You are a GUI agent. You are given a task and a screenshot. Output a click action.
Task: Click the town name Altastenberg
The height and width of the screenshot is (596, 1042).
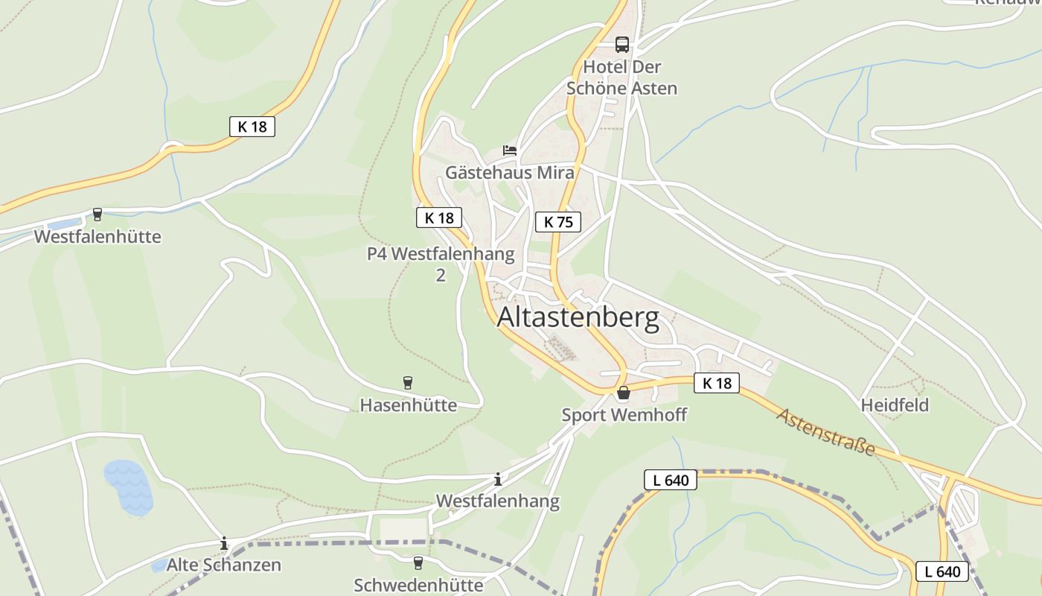click(x=578, y=318)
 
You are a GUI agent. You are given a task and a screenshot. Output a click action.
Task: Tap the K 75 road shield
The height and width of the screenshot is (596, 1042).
click(x=557, y=221)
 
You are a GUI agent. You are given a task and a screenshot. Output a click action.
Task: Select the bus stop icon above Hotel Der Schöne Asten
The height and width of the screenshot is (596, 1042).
click(x=622, y=45)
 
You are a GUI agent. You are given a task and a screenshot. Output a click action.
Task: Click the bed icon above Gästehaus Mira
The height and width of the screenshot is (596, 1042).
click(x=510, y=150)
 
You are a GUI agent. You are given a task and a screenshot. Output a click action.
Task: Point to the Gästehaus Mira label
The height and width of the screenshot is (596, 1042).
click(x=510, y=173)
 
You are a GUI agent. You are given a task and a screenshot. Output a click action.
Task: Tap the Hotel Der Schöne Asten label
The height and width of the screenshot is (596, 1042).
click(x=622, y=77)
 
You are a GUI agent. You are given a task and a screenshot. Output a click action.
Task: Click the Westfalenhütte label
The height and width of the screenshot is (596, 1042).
click(x=98, y=237)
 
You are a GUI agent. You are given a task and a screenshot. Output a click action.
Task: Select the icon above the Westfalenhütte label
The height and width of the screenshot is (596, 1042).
click(x=98, y=215)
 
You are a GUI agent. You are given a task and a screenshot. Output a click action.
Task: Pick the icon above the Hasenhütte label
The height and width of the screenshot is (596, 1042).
click(x=408, y=383)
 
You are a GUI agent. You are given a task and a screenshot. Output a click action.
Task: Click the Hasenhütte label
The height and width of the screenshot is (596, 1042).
click(x=408, y=405)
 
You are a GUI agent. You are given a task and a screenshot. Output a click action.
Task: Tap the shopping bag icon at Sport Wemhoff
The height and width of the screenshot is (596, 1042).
click(x=623, y=393)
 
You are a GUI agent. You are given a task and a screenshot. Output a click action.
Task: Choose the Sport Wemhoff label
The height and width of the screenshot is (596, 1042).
click(x=624, y=415)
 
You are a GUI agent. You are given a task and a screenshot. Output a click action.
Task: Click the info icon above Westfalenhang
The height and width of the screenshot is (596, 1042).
click(x=498, y=479)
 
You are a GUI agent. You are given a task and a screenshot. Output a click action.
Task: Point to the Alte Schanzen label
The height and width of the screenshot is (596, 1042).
click(x=223, y=565)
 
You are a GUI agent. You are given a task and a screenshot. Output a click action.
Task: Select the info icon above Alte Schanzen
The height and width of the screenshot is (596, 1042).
click(x=224, y=544)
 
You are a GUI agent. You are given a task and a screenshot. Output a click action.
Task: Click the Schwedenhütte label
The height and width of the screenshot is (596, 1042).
click(x=418, y=585)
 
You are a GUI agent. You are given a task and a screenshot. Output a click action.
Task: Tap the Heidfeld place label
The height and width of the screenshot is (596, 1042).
click(x=895, y=405)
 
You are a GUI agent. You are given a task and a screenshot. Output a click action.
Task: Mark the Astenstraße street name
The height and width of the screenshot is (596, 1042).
click(x=825, y=432)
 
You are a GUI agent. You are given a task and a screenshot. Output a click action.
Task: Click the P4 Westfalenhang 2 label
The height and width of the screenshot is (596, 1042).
click(x=441, y=264)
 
